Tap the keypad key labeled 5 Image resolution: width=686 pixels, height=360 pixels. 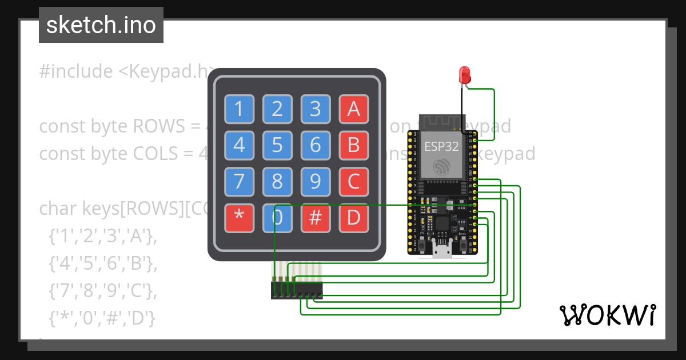pyautogui.click(x=277, y=145)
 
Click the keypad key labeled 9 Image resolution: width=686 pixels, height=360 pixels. pyautogui.click(x=316, y=182)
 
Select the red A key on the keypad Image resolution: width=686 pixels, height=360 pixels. pyautogui.click(x=354, y=109)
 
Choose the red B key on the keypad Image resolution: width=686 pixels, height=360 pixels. pyautogui.click(x=354, y=145)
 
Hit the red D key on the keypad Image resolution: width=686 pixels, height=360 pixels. pyautogui.click(x=354, y=218)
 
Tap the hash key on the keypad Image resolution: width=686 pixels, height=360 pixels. pyautogui.click(x=316, y=218)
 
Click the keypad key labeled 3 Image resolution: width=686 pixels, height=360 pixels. pyautogui.click(x=316, y=109)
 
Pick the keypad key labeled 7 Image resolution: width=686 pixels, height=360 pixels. pyautogui.click(x=239, y=182)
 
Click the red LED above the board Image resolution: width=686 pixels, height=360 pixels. pyautogui.click(x=465, y=75)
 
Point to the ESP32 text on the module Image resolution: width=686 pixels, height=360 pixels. pyautogui.click(x=441, y=146)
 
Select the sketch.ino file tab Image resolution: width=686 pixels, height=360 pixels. pyautogui.click(x=101, y=25)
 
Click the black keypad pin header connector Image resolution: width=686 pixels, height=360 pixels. pyautogui.click(x=296, y=290)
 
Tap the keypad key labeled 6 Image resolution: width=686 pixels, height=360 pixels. pyautogui.click(x=316, y=145)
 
